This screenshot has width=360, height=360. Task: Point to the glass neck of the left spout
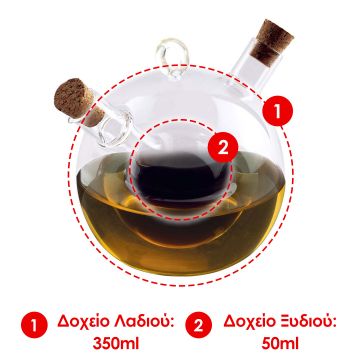click(x=105, y=122)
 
